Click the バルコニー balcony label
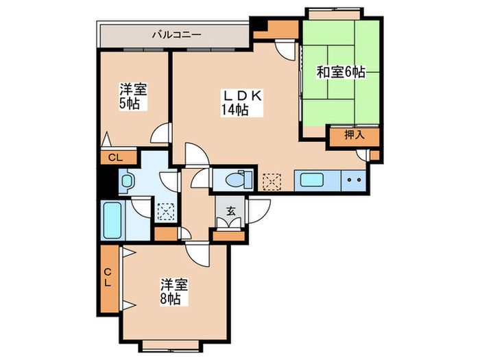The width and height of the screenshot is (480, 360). point(176,33)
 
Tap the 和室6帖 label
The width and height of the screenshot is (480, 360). point(340,72)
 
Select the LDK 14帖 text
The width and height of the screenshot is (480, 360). point(241,104)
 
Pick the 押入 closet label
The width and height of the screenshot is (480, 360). point(355,136)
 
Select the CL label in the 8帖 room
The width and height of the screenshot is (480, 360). point(108,279)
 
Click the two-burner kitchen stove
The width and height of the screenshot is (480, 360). point(355,182)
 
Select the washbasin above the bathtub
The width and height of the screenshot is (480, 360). point(127,182)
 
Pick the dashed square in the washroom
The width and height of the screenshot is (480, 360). point(166,211)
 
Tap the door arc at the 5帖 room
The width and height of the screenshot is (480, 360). point(161,132)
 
